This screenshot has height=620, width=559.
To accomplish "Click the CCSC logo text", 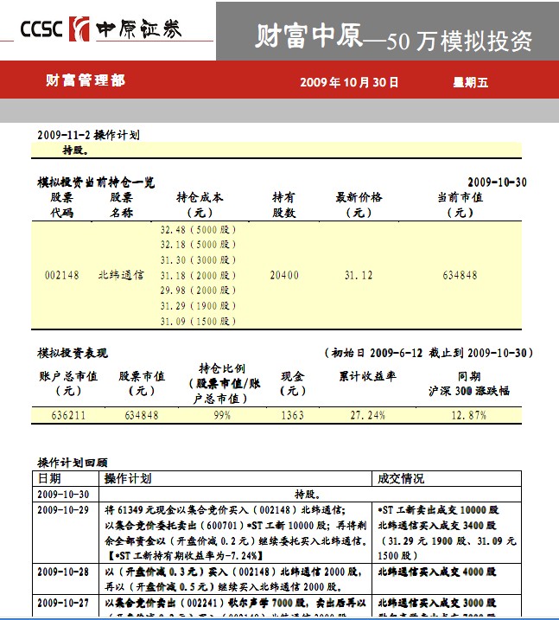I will click(x=41, y=29).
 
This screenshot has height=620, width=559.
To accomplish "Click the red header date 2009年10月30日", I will click(x=349, y=82).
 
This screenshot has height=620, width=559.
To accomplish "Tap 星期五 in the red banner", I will click(x=471, y=82).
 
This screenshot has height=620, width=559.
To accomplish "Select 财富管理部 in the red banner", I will click(x=85, y=80).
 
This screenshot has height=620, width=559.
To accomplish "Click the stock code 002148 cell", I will click(x=61, y=276).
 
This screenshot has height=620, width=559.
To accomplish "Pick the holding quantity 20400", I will click(x=284, y=276).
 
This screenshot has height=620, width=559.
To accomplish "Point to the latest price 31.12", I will click(x=359, y=276).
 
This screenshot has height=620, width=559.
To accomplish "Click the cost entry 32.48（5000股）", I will click(x=198, y=230).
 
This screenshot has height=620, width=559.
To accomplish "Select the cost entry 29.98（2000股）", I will click(x=198, y=291).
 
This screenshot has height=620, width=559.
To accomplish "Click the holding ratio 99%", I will click(x=222, y=416).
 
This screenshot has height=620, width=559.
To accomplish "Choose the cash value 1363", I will click(x=293, y=416).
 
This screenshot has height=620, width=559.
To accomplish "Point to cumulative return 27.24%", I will click(x=368, y=416).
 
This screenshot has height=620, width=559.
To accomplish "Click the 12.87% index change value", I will click(x=469, y=416).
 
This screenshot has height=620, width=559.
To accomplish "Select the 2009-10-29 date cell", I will click(x=63, y=510).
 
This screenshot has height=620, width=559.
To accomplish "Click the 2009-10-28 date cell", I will click(x=63, y=572).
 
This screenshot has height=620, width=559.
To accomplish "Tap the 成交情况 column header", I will click(x=401, y=478).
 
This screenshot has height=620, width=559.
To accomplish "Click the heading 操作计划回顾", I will click(x=73, y=463).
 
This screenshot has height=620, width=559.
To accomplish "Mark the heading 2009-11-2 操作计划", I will click(x=88, y=135).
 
